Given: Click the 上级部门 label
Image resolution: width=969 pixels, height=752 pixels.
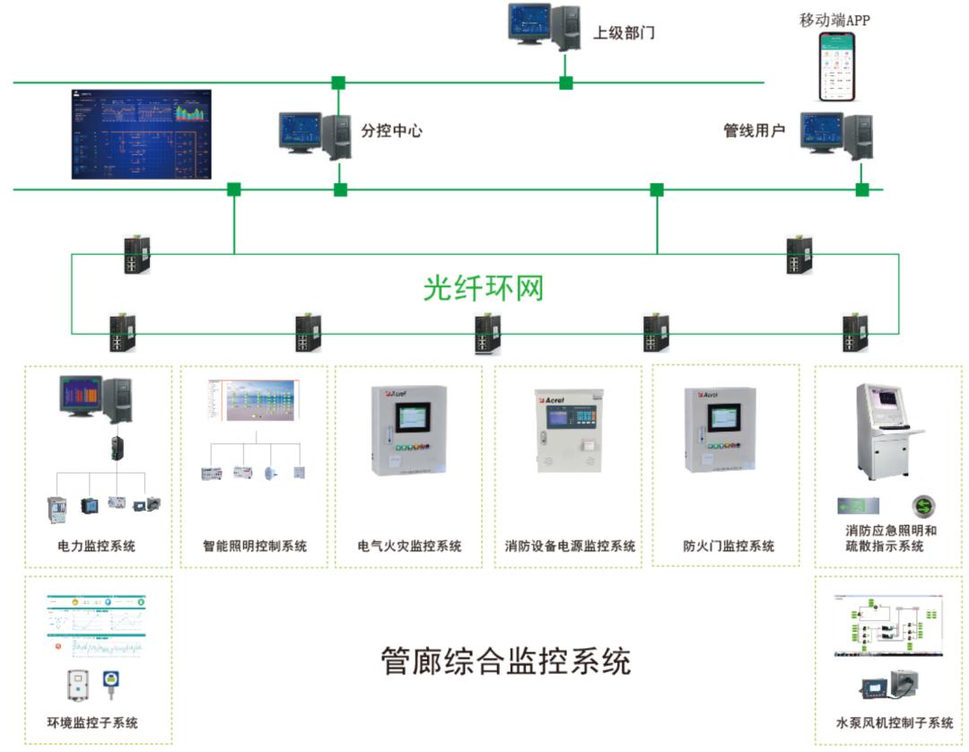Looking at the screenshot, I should click(624, 33).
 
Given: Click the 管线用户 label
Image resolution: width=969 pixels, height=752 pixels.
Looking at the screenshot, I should click(754, 131).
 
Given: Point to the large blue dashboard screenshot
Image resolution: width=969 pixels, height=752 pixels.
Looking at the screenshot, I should click(141, 134).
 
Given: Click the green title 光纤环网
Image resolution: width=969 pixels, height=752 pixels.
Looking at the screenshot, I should click(484, 288).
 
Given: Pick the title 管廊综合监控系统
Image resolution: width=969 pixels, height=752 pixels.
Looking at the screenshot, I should click(506, 661).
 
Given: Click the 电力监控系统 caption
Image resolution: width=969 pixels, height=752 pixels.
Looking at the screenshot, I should click(96, 546).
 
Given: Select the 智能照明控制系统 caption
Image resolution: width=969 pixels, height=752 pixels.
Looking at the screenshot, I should click(254, 546).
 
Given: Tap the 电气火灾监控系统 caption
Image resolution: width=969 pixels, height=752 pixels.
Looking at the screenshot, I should click(409, 546).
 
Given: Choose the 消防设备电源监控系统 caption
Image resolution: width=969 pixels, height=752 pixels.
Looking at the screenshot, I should click(569, 546).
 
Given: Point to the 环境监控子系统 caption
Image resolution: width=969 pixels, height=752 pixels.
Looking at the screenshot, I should click(92, 723).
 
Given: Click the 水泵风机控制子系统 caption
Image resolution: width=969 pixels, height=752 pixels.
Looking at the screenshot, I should click(894, 723).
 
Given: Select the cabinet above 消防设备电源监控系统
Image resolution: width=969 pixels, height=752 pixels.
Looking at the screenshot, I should click(569, 431).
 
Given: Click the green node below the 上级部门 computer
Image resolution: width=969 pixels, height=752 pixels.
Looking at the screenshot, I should click(565, 83).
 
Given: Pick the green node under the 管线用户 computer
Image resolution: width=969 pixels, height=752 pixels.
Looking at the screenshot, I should click(862, 189).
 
